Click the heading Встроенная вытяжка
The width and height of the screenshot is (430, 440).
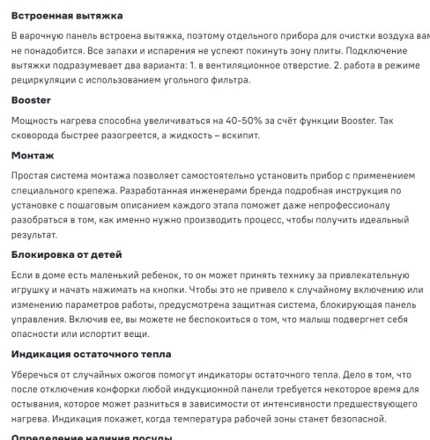point(67,16)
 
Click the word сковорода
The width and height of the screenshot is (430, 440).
point(42,136)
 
